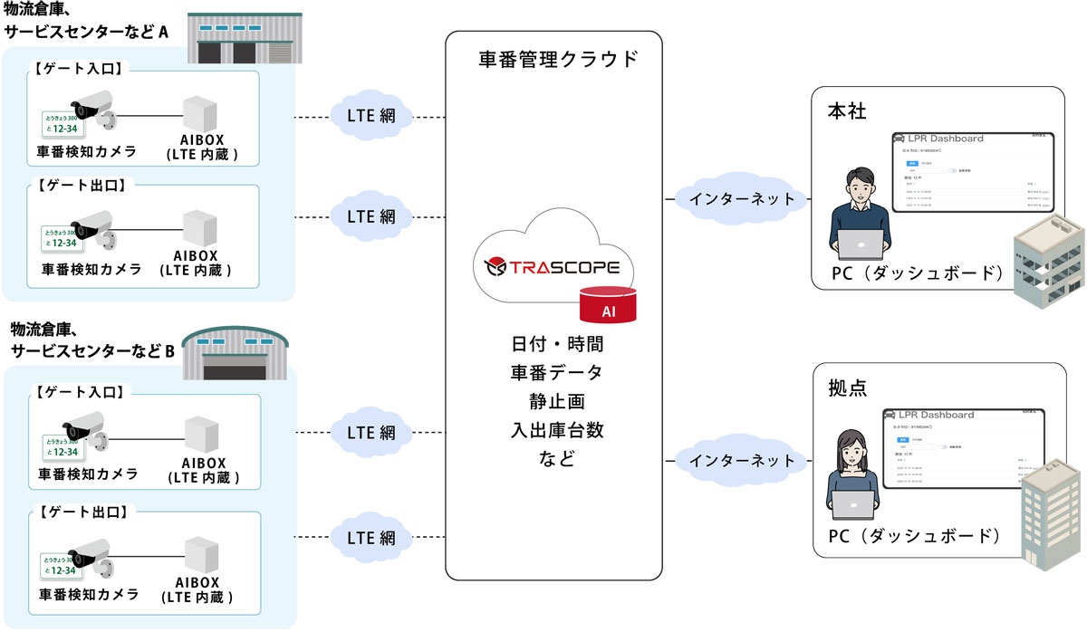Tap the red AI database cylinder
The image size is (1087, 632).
click(x=608, y=305)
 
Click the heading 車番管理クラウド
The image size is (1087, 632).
click(x=558, y=61)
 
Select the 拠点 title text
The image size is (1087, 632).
click(x=848, y=388)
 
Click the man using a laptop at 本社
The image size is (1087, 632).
click(x=857, y=213)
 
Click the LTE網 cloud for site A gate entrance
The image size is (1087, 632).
click(x=371, y=117)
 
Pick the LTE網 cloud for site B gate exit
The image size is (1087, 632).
click(x=371, y=537)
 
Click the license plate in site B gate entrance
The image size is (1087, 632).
click(x=62, y=447)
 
